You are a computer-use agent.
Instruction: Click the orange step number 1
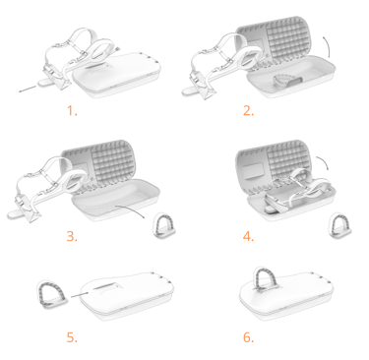pyautogui.click(x=72, y=111)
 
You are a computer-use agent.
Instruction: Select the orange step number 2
pyautogui.click(x=249, y=111)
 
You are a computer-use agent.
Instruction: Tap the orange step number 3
pyautogui.click(x=72, y=236)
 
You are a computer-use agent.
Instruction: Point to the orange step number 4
pyautogui.click(x=249, y=236)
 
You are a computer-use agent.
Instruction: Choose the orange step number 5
pyautogui.click(x=72, y=337)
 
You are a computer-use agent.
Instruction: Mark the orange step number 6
pyautogui.click(x=249, y=337)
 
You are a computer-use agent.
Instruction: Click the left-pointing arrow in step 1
pyautogui.click(x=28, y=89)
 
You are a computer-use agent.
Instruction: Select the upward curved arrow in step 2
pyautogui.click(x=327, y=47)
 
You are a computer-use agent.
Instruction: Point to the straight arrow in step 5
pyautogui.click(x=79, y=295)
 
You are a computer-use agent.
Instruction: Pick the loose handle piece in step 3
pyautogui.click(x=163, y=225)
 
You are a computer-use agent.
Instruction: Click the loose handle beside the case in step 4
pyautogui.click(x=339, y=225)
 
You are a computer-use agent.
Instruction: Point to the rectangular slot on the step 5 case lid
pyautogui.click(x=106, y=287)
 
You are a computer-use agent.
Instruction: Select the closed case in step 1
pyautogui.click(x=116, y=75)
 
